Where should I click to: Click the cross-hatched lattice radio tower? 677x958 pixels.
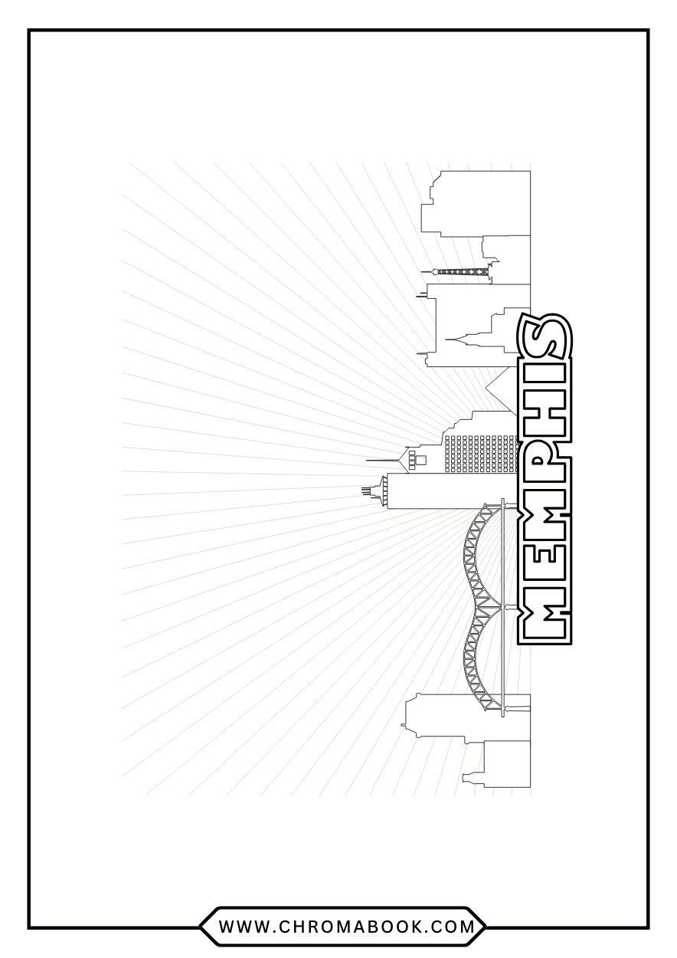460,271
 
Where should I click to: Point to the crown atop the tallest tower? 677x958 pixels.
374,488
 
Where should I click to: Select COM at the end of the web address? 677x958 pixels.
456,927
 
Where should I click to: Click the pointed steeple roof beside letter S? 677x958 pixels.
463,338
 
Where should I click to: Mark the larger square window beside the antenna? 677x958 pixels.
420,459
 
